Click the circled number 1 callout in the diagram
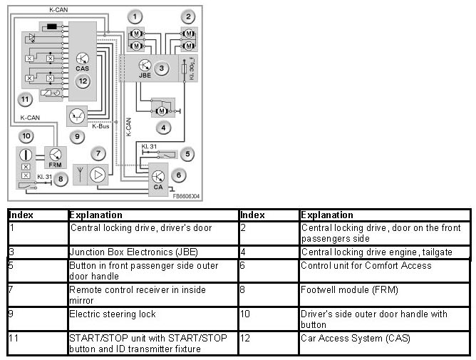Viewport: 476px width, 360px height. [x=136, y=16]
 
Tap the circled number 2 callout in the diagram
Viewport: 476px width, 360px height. [x=189, y=16]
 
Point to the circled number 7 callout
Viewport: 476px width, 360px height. [x=99, y=153]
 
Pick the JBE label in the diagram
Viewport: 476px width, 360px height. [x=145, y=75]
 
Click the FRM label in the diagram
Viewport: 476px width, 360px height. [x=55, y=164]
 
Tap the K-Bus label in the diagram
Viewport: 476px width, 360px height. [x=100, y=128]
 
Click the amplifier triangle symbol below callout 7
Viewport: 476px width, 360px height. [x=98, y=175]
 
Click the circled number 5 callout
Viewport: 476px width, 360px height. [x=187, y=153]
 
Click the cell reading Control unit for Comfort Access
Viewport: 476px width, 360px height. [x=366, y=265]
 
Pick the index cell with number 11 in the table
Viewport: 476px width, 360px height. [x=14, y=338]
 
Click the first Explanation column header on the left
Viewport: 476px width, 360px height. [x=95, y=215]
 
